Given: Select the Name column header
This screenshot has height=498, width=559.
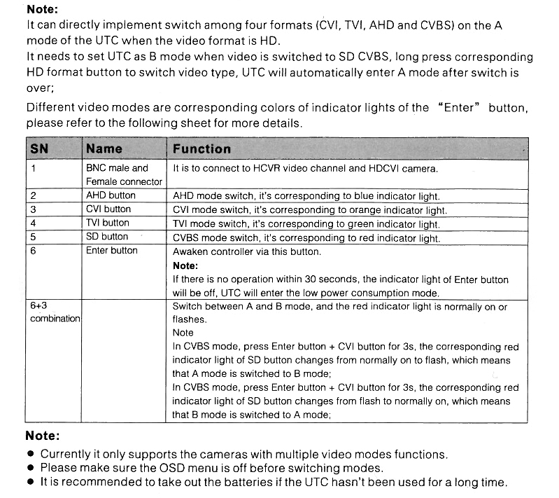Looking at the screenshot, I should coord(104,148).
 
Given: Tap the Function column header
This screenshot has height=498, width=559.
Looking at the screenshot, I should coord(201,148).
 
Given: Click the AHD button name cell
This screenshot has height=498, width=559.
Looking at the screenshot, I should coord(111,195).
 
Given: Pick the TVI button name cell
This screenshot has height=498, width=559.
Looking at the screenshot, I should coord(107,223).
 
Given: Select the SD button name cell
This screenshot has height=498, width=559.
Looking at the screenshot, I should coord(107,237).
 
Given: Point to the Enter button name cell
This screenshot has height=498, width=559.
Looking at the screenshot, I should coord(112,250).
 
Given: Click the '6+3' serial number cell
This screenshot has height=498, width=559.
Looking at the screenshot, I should coord(38,306).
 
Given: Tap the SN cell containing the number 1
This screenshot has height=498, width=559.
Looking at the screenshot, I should coord(33,168).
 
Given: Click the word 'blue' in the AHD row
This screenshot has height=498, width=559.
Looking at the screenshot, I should coord(378,197).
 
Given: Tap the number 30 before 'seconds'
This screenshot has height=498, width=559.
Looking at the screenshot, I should coord(315,279).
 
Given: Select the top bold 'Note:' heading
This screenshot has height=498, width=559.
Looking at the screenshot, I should coord(42,10).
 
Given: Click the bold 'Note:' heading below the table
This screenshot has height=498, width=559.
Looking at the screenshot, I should coord(42,435).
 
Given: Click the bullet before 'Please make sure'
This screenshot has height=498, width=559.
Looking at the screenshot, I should coord(31,468).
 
